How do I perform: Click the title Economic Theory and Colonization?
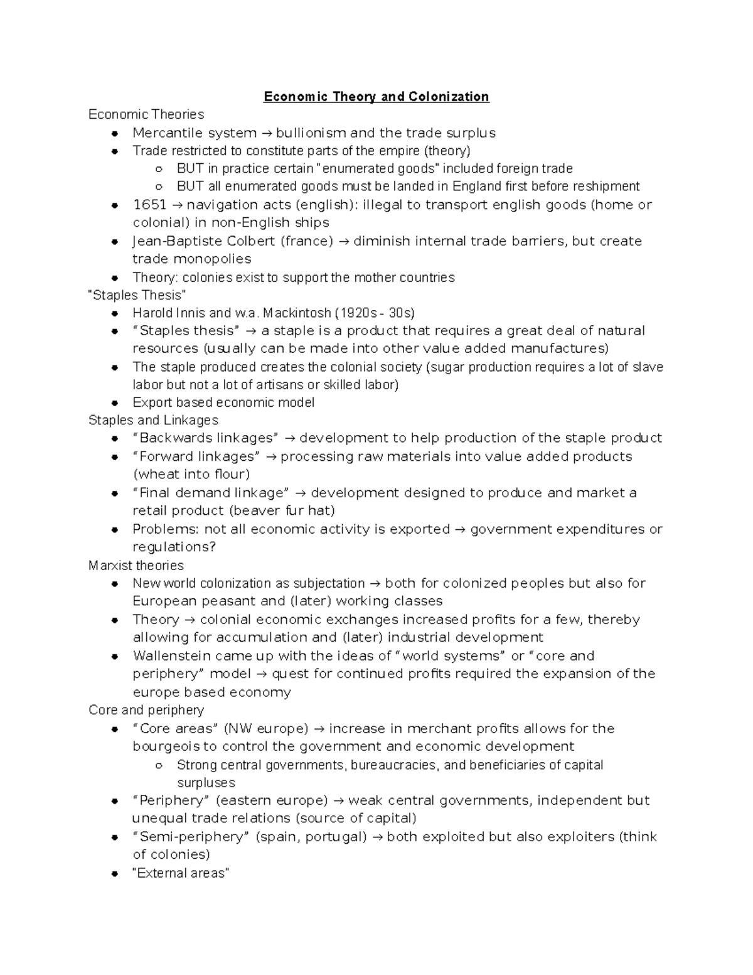(x=376, y=97)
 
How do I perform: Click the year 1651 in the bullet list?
(x=149, y=205)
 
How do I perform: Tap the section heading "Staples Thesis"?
(x=137, y=295)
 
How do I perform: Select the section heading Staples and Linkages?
(x=153, y=420)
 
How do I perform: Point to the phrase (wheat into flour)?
(x=191, y=474)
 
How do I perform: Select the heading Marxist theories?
(x=136, y=566)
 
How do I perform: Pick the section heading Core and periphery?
(x=146, y=710)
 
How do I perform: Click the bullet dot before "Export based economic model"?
(x=114, y=403)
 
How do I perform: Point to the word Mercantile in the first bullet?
(x=163, y=133)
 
